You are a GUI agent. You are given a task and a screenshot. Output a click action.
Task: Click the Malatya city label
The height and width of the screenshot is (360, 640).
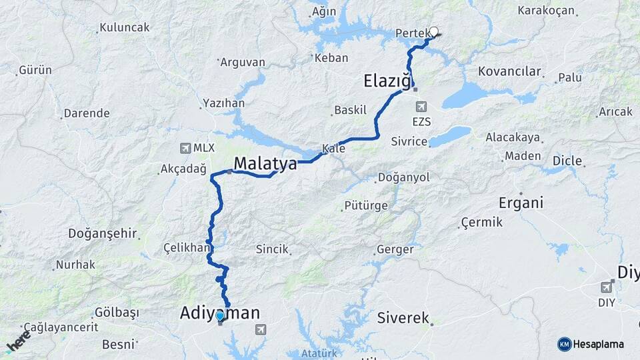click(265, 163)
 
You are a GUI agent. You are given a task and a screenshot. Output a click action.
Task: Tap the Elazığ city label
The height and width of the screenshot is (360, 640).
click(386, 81)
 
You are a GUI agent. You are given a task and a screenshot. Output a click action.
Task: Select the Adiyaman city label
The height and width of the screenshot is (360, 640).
click(219, 311)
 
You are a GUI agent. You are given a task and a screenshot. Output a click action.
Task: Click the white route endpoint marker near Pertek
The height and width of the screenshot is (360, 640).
click(434, 31)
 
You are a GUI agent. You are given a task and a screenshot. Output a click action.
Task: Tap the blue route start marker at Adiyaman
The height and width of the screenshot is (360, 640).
click(220, 315)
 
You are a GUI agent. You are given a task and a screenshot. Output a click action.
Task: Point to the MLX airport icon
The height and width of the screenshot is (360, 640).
click(185, 148)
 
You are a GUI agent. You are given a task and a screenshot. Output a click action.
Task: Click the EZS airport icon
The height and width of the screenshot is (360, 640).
click(421, 107)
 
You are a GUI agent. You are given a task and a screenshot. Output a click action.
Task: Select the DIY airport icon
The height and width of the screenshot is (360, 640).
click(606, 287)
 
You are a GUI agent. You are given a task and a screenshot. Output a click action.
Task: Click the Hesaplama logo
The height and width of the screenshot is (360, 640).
click(591, 344)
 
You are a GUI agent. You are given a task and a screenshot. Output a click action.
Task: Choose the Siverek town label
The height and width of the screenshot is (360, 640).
click(403, 318)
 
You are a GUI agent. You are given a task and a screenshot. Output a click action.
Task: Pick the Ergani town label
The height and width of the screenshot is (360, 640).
click(521, 203)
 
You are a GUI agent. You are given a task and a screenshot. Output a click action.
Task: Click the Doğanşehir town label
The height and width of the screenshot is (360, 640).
click(103, 234)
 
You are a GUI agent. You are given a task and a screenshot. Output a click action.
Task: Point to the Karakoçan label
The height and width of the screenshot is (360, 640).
click(546, 11)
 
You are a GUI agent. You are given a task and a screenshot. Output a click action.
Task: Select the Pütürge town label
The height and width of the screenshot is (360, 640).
click(366, 205)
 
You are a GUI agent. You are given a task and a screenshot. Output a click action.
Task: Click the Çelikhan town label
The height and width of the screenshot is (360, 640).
click(186, 247)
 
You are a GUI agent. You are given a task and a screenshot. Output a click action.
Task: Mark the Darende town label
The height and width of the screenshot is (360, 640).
click(87, 113)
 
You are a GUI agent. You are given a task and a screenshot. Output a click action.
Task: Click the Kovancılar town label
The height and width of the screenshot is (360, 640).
click(509, 71)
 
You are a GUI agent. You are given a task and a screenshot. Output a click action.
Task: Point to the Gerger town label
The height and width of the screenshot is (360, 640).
click(395, 249)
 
